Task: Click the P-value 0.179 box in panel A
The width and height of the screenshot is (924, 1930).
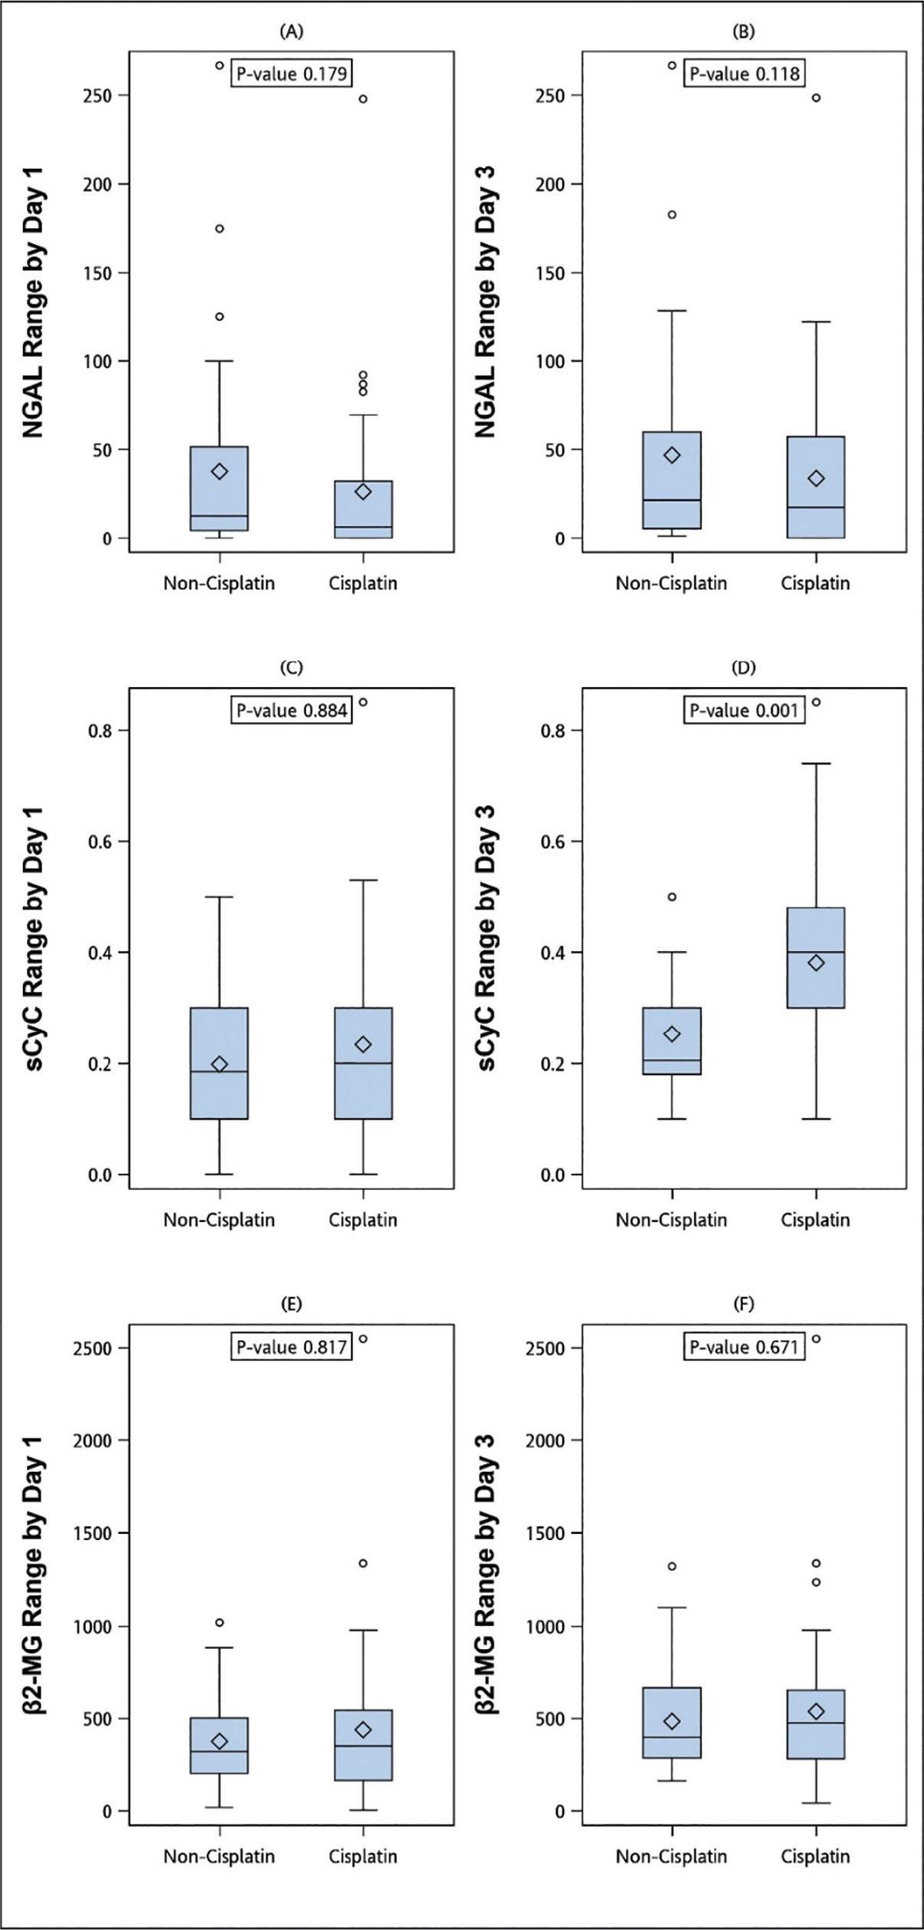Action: tap(292, 74)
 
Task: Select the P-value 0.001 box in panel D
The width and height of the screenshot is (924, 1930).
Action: tap(744, 710)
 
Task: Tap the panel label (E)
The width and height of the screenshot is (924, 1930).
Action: tap(292, 1303)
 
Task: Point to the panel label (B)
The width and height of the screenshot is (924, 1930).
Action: tap(744, 31)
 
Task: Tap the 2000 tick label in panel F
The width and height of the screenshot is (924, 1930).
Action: tap(546, 1440)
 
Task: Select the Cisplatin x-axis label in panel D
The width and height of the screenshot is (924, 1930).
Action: tap(815, 1220)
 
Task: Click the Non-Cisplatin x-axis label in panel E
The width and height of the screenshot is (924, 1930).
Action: tap(219, 1856)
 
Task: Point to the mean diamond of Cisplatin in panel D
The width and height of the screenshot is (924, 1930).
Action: tap(816, 963)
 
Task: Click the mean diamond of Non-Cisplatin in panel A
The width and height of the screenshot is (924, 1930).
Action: tap(219, 471)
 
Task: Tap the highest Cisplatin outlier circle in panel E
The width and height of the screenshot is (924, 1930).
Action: tap(363, 1339)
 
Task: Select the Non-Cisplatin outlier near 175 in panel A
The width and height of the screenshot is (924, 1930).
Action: tap(219, 228)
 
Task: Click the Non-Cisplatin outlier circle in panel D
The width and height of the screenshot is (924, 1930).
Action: tap(672, 897)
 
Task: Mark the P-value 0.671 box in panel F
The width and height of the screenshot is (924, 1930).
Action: tap(744, 1347)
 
